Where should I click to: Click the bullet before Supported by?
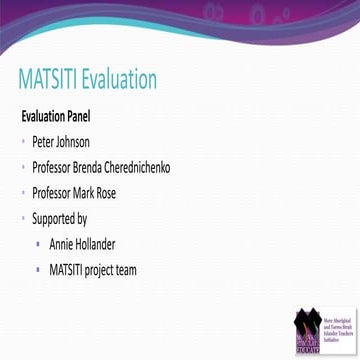(x=22, y=218)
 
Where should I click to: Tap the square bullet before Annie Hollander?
(x=37, y=243)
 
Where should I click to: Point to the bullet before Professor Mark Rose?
(x=22, y=192)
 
